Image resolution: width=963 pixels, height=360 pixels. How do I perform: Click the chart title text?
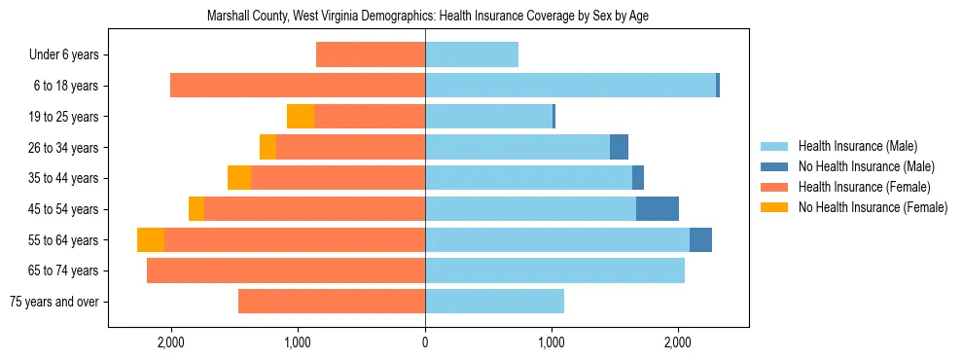coord(428,17)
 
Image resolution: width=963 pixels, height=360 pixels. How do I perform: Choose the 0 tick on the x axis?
coord(425,342)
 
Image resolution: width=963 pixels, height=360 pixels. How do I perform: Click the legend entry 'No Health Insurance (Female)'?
coord(873,207)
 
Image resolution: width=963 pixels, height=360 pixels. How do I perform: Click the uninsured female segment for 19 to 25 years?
coord(301,117)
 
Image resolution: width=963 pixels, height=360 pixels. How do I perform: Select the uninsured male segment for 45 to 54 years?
coord(658,209)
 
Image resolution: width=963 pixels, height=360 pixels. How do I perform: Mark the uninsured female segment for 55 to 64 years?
coord(151,240)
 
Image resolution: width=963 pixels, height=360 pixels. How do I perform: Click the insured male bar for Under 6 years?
coord(472,55)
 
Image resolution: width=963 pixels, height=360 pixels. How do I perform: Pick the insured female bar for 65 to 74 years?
coord(286,270)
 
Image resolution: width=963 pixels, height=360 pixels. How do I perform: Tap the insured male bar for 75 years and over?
coord(494,302)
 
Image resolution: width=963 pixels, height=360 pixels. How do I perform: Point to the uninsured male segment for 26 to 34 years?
coord(619,148)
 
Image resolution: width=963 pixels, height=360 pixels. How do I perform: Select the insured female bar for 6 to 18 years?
coord(298,86)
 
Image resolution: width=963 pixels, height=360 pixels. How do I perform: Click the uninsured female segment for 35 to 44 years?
coord(239,178)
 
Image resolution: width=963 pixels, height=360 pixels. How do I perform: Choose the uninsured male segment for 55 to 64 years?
coord(700,240)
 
